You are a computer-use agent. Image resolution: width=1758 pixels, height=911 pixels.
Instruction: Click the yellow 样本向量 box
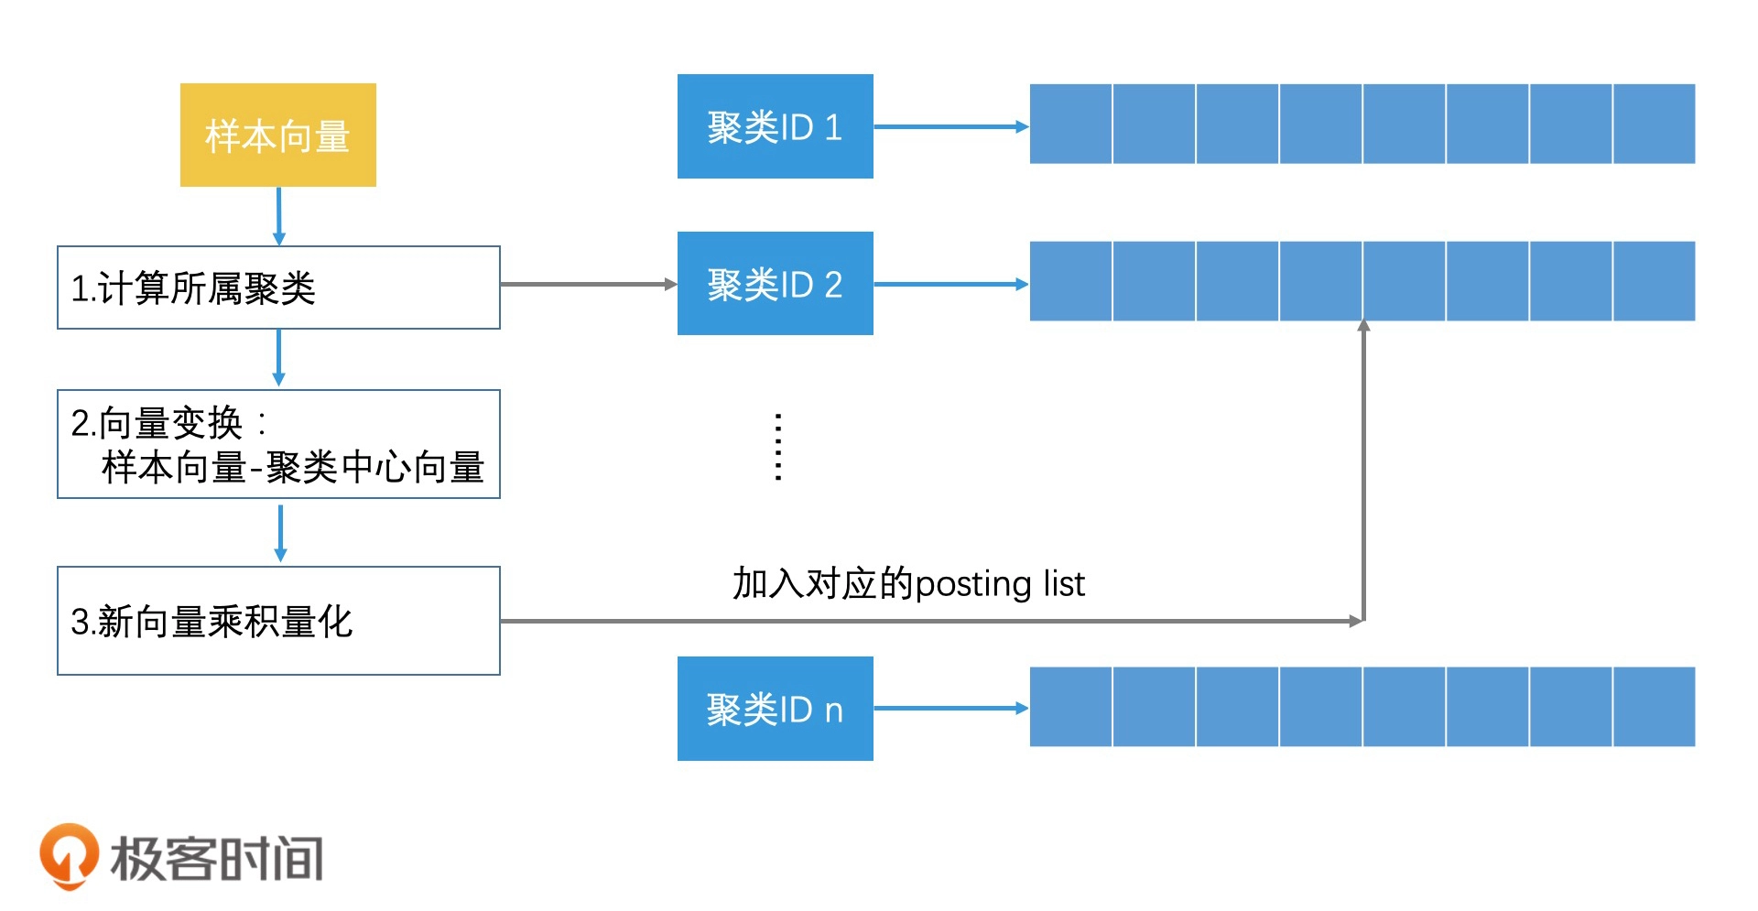(277, 136)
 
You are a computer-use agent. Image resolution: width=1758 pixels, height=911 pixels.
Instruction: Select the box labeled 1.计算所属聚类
(278, 287)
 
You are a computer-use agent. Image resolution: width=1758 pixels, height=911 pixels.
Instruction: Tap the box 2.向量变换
(278, 444)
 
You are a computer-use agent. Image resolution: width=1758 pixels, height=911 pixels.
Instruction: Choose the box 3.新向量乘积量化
(278, 621)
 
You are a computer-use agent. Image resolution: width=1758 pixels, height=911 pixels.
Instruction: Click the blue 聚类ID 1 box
(775, 126)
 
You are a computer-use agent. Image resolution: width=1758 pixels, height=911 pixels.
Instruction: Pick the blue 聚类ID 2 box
(775, 284)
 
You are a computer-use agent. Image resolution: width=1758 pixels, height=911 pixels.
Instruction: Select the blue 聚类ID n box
(775, 709)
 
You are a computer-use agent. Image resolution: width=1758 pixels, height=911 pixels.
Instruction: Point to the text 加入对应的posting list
(907, 583)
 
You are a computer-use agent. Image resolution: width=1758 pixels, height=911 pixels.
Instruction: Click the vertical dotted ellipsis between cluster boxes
(778, 447)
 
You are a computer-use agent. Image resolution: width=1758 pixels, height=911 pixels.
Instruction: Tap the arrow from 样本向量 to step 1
(279, 216)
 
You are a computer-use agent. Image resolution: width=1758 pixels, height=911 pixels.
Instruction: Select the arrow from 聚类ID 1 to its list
(950, 126)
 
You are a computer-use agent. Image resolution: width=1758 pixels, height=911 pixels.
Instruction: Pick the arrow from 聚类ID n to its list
(950, 708)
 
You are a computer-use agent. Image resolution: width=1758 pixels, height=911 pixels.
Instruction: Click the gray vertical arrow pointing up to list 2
(1363, 467)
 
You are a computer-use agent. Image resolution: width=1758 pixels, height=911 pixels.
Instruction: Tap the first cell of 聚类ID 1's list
(1070, 124)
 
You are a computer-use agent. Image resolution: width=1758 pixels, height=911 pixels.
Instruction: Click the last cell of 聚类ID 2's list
(1654, 281)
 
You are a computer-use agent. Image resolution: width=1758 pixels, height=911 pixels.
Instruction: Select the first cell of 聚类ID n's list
(1070, 707)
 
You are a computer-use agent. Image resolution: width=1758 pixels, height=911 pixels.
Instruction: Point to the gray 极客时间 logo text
(217, 859)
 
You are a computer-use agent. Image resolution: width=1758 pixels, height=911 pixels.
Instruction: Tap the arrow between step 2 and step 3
(280, 532)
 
